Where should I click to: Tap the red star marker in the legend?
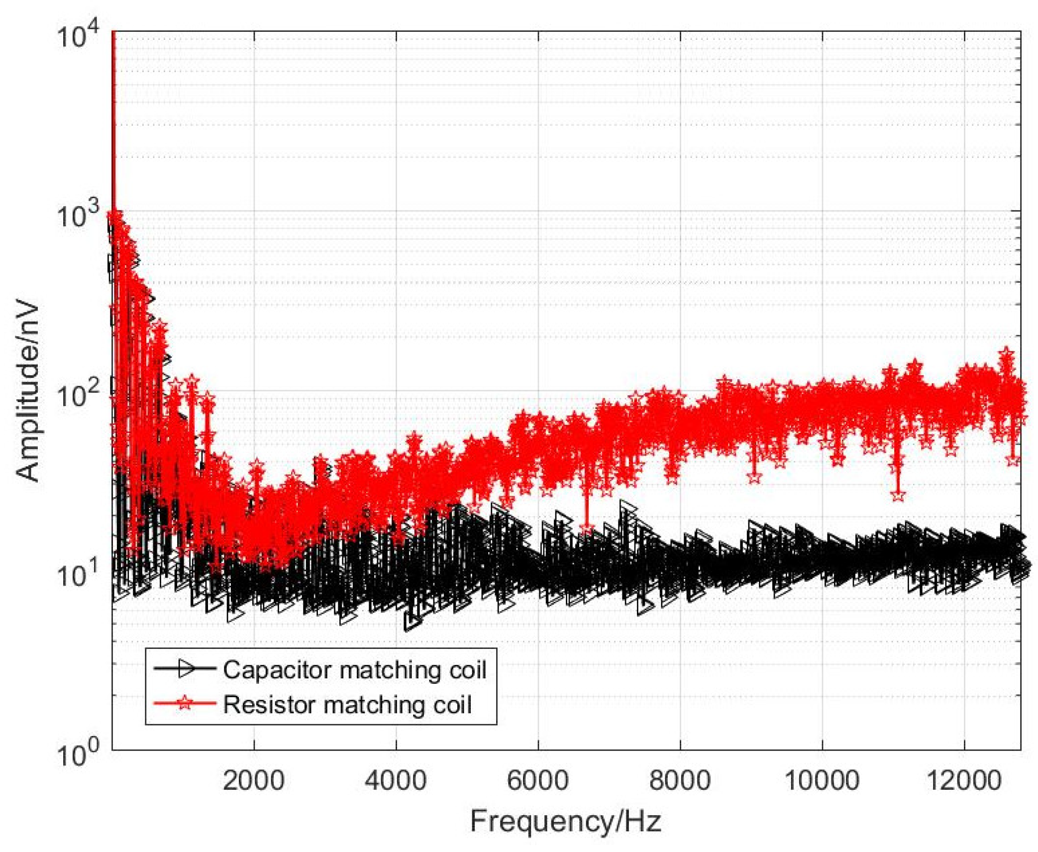(x=185, y=703)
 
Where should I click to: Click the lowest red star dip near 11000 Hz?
(x=897, y=495)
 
